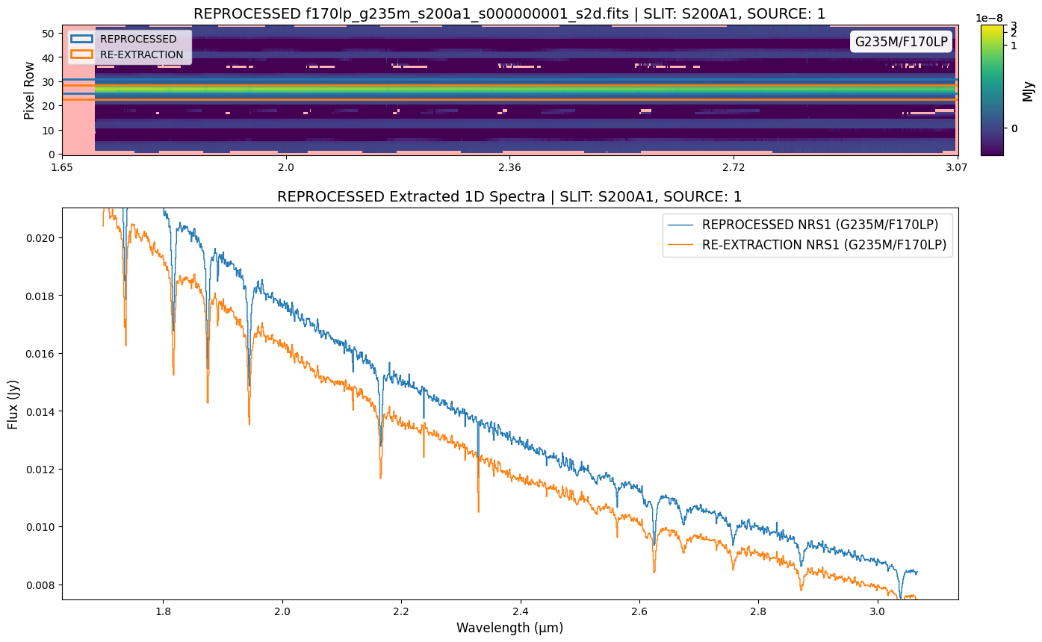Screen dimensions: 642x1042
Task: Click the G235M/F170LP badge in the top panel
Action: click(x=902, y=42)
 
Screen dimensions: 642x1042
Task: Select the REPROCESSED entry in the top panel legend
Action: click(x=138, y=39)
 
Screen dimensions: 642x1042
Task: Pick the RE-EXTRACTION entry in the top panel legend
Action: click(x=141, y=54)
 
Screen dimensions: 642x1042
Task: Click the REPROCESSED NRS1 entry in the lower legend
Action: click(x=820, y=224)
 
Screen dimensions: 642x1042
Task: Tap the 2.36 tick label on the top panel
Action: click(x=509, y=167)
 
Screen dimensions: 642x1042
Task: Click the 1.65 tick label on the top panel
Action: click(x=62, y=167)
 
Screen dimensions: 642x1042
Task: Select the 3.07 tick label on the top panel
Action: click(x=957, y=167)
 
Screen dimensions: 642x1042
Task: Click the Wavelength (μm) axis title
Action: click(x=509, y=628)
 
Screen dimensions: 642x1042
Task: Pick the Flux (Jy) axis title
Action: click(x=13, y=403)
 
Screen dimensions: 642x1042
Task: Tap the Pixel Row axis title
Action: click(x=29, y=90)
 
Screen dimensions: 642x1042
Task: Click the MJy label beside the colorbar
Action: click(x=1029, y=90)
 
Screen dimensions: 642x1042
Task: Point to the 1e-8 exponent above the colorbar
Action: click(x=991, y=17)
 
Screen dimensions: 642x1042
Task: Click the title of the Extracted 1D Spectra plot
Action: click(x=509, y=197)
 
